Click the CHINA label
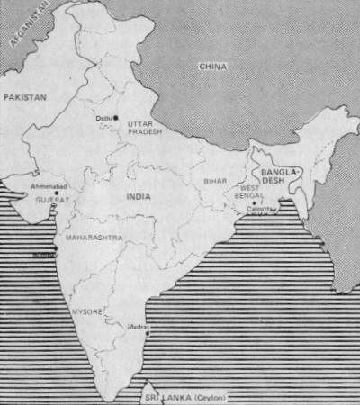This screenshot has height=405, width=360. point(213,67)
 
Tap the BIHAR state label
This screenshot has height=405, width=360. point(216,181)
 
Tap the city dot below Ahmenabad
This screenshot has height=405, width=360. point(56,193)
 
